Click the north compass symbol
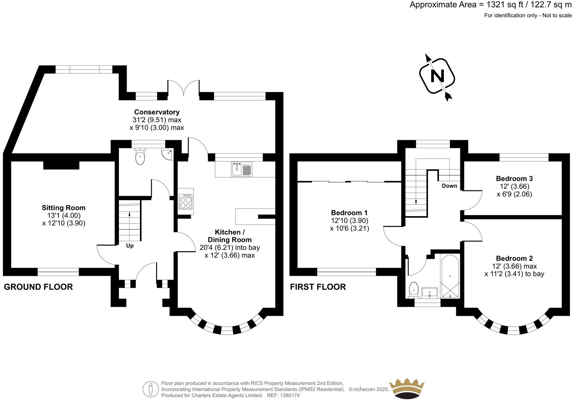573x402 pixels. coord(438,76)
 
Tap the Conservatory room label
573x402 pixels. coord(157,112)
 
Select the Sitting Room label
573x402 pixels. coord(64,208)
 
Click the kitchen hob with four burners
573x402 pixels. coord(186,202)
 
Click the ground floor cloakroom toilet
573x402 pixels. coord(140,157)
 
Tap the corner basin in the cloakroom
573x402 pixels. coord(167,154)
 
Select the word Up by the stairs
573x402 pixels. coord(130,246)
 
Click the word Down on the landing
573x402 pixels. coord(449,186)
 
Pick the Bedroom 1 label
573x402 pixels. coord(349,213)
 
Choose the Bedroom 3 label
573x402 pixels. coord(514,178)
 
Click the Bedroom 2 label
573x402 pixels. coord(514,258)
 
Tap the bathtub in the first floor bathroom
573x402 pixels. coord(450,275)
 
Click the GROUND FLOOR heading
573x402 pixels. coord(38,287)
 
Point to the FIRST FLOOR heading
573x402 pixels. coord(318,287)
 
